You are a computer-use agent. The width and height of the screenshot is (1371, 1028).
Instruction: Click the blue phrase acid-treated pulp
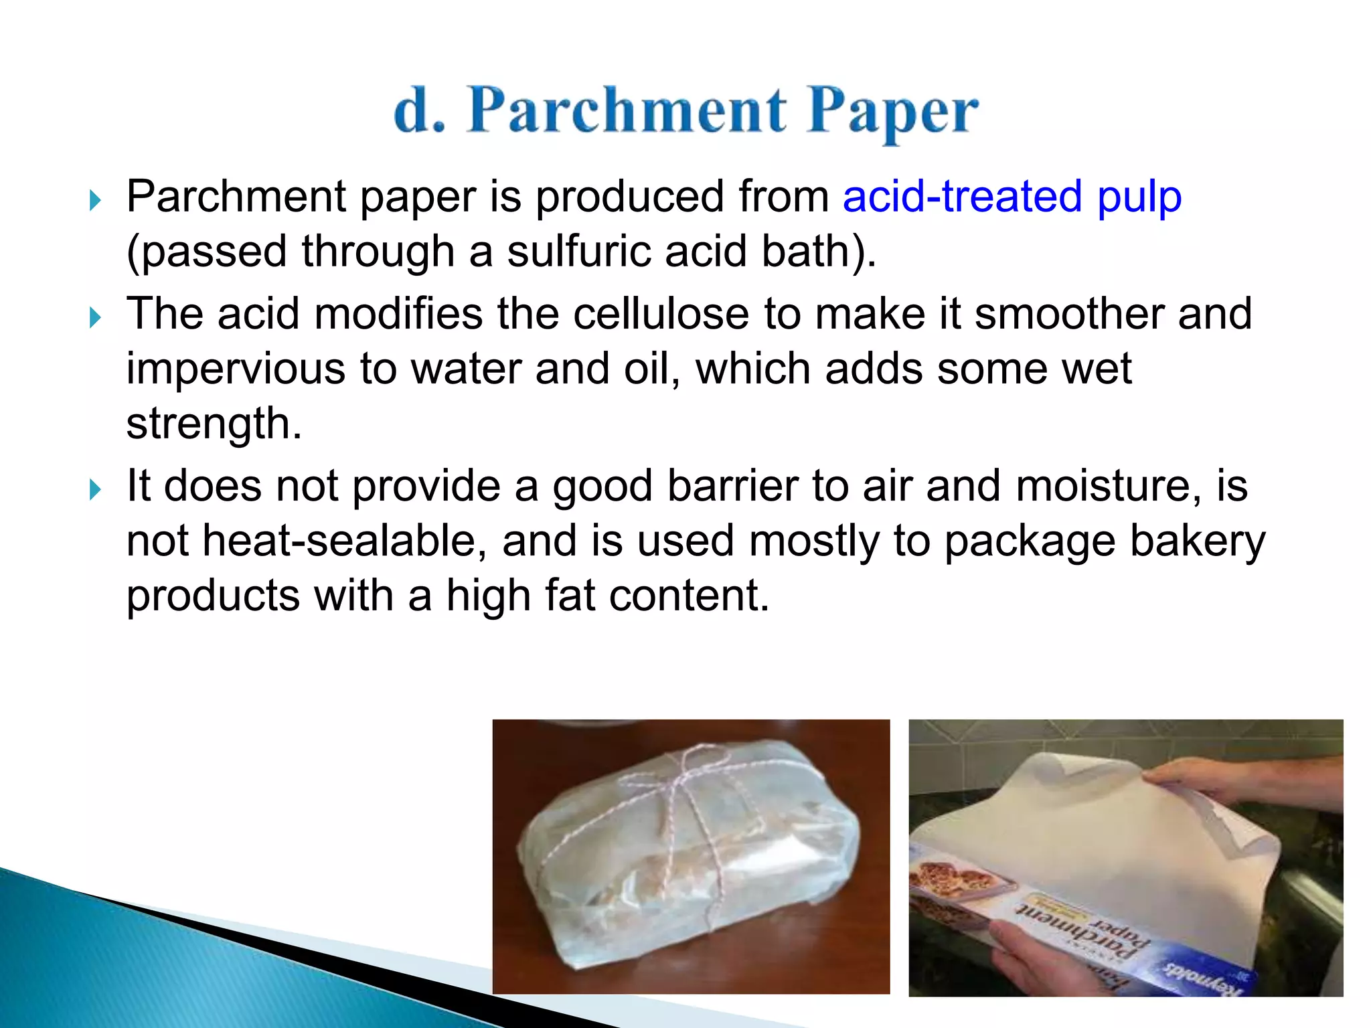coord(1012,197)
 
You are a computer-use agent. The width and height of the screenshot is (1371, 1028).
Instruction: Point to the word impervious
coord(235,369)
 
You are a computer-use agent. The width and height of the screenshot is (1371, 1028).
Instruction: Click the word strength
coord(214,424)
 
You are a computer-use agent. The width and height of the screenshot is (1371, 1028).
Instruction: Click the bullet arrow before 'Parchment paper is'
coord(95,199)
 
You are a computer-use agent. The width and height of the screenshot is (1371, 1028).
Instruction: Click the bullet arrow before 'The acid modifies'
coord(95,317)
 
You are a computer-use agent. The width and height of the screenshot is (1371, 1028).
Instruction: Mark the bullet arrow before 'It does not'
coord(95,489)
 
